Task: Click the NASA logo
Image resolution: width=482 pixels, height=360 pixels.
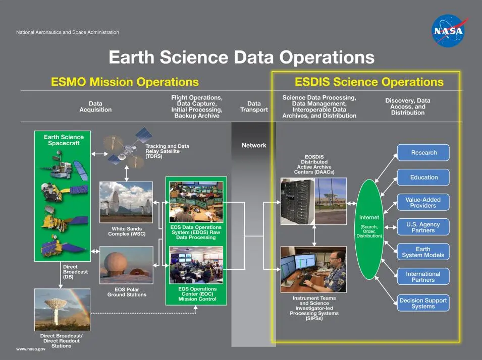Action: click(x=449, y=31)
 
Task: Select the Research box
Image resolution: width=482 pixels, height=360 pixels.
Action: click(x=423, y=153)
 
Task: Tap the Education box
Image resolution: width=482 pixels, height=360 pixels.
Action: click(x=423, y=177)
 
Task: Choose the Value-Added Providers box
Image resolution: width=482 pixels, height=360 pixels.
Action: click(x=423, y=202)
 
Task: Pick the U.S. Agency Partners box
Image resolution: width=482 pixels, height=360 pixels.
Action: click(x=423, y=227)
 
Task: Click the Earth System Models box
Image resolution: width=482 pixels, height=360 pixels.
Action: click(x=423, y=252)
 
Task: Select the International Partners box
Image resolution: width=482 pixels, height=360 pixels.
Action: click(x=423, y=276)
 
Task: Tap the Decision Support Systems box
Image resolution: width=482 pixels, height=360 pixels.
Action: click(x=423, y=303)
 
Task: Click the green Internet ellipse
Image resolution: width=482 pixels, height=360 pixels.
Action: click(x=369, y=229)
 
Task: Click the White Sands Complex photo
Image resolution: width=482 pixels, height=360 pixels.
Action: click(x=126, y=202)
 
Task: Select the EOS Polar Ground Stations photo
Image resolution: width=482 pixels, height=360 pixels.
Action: click(x=126, y=265)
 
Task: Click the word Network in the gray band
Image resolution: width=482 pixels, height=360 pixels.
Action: click(x=254, y=145)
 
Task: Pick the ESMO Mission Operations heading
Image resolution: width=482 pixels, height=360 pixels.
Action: click(x=125, y=82)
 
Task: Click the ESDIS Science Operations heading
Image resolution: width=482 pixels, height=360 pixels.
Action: click(x=369, y=82)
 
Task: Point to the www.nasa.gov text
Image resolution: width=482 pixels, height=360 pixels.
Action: click(x=31, y=349)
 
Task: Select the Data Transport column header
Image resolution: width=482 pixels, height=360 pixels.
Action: click(x=254, y=106)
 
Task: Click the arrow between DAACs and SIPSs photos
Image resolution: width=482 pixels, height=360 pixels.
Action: click(x=314, y=235)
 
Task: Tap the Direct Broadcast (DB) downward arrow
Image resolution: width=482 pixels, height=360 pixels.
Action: click(x=61, y=275)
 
